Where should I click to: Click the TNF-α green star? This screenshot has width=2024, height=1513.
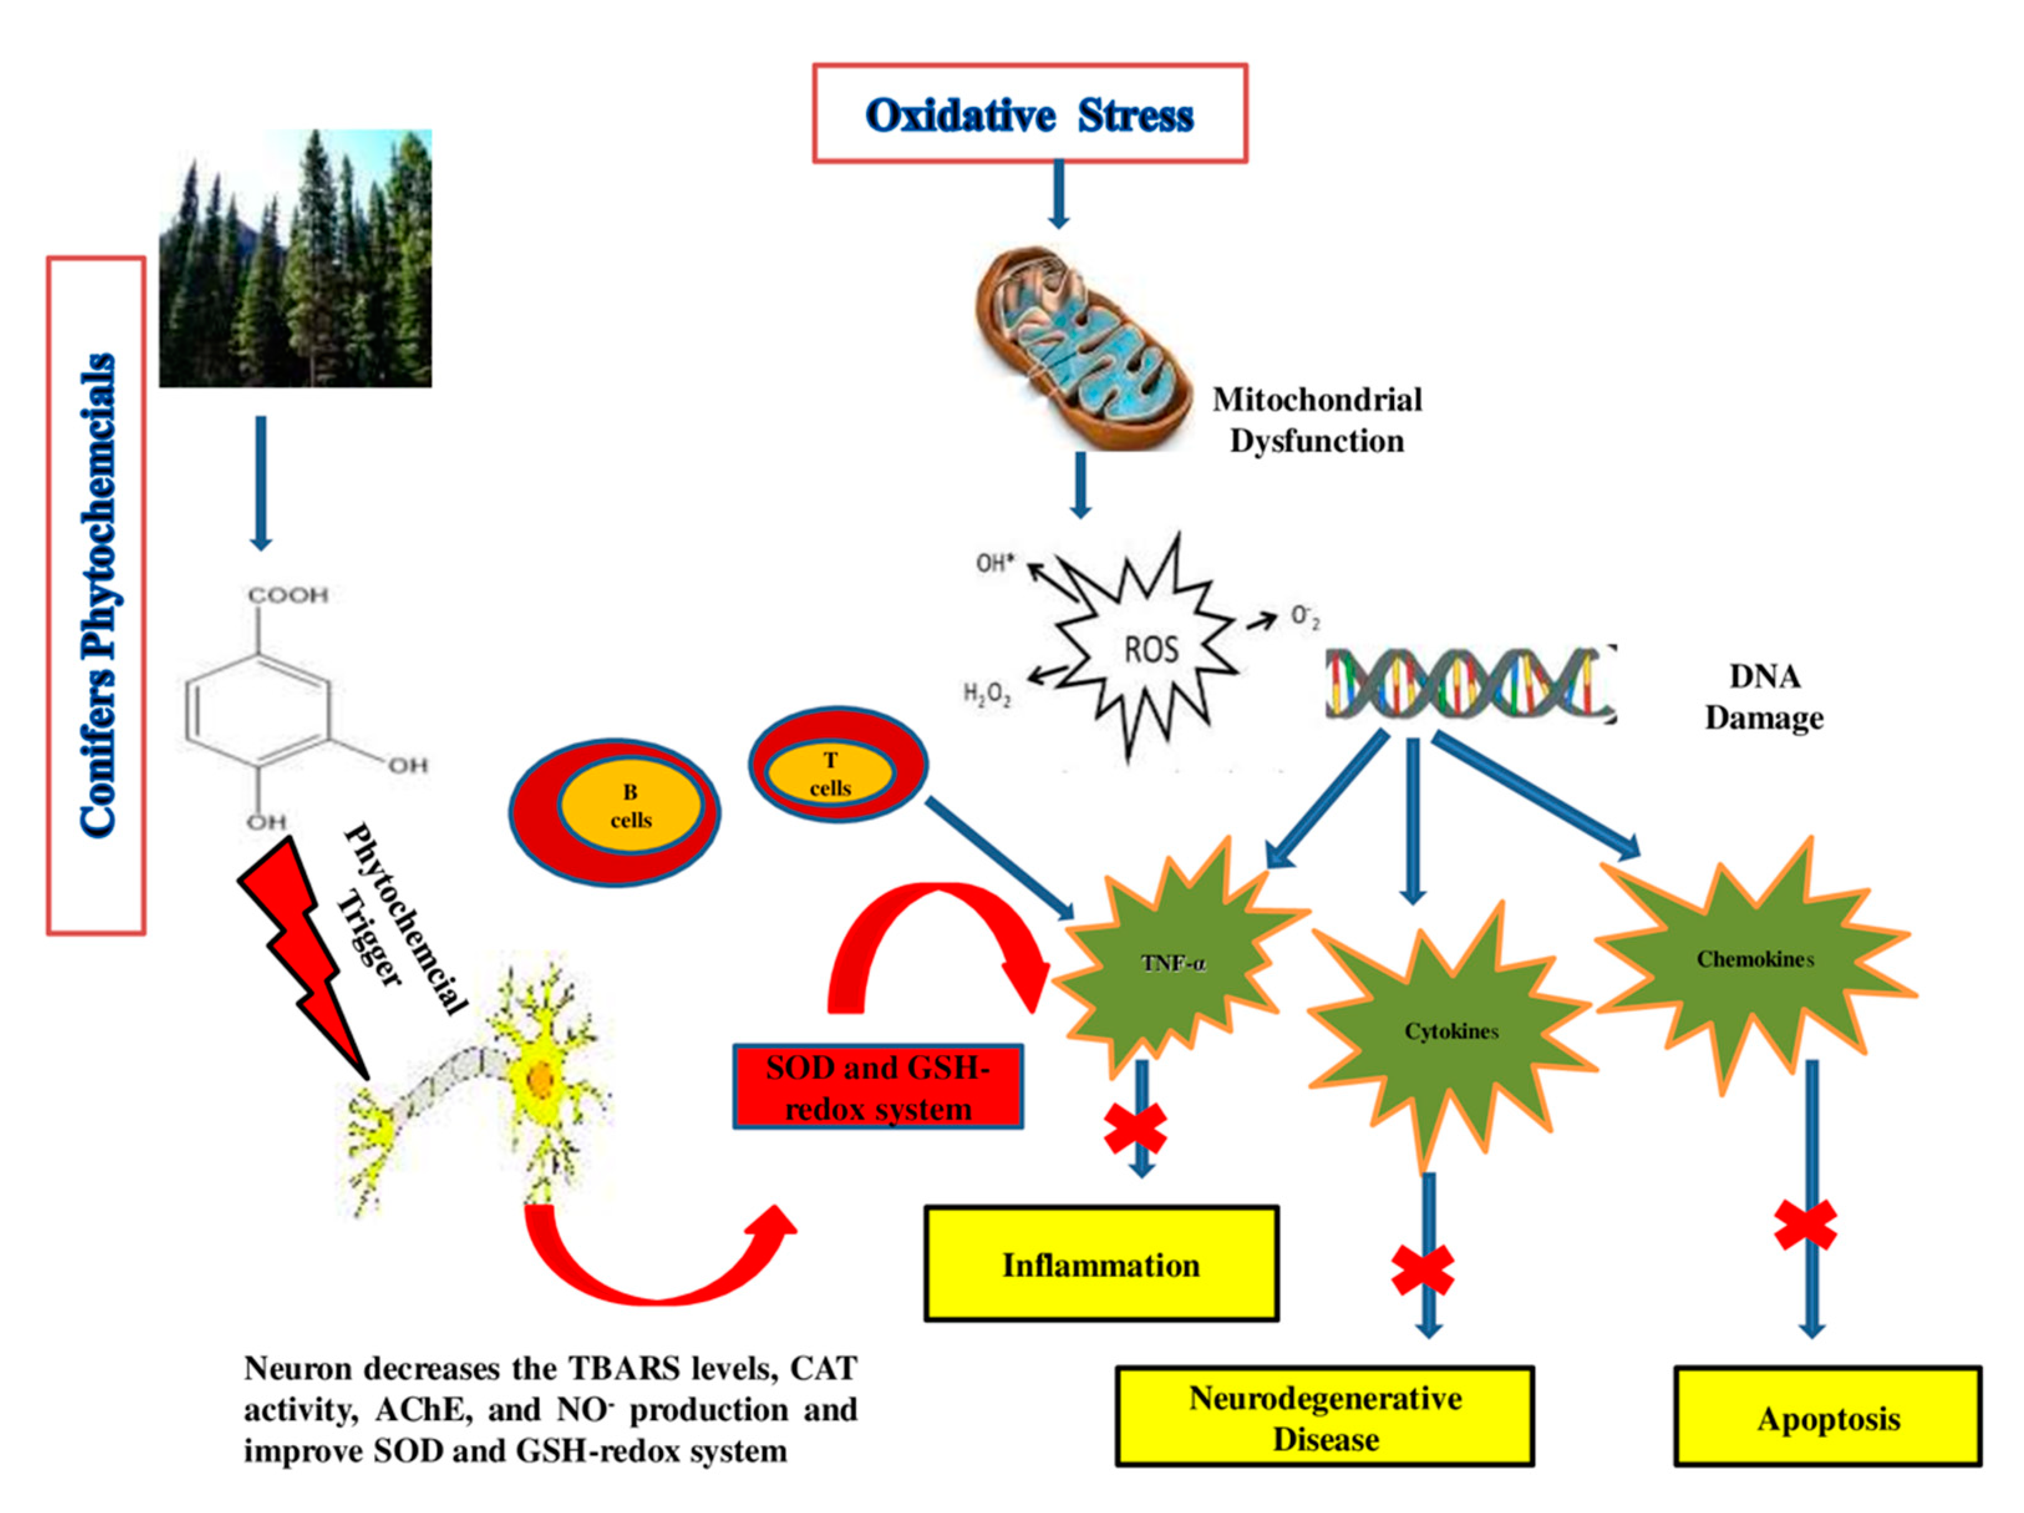coord(1175,963)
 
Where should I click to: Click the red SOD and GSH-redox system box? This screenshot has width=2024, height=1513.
coord(877,1088)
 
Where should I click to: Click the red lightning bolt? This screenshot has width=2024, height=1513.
coord(301,952)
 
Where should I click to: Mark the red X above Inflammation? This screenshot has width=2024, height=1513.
coord(1134,1127)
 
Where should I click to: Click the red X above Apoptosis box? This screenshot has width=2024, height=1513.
coord(1805,1225)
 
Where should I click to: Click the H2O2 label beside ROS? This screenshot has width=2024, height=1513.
coord(986,696)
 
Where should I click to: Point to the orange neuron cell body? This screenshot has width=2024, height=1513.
coord(542,1080)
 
